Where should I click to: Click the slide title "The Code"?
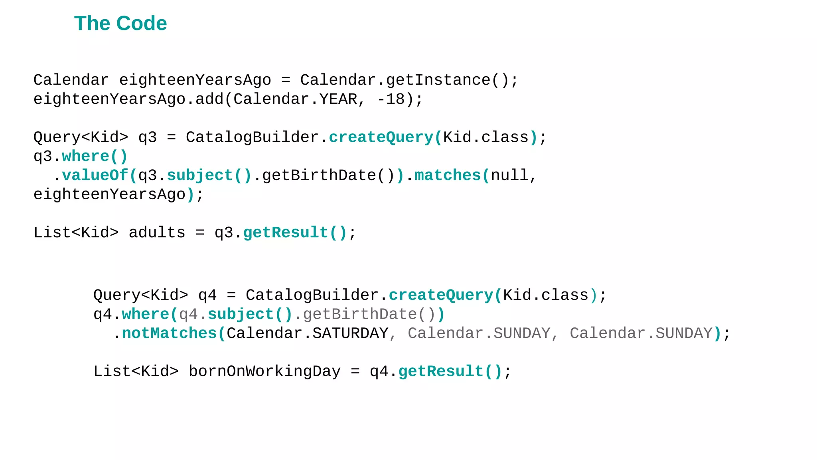click(x=120, y=24)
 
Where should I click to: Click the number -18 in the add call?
click(x=391, y=99)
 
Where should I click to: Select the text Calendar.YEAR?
click(x=295, y=99)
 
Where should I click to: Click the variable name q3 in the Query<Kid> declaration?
click(x=148, y=138)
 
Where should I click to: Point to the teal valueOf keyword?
click(x=95, y=176)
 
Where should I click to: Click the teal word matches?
click(x=448, y=176)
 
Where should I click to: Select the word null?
click(x=509, y=176)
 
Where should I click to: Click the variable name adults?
click(x=157, y=233)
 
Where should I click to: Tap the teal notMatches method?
click(x=169, y=333)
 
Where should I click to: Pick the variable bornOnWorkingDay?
click(x=264, y=372)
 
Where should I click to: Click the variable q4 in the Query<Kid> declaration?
click(x=207, y=295)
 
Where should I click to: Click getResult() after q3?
click(x=295, y=233)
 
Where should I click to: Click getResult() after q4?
click(x=450, y=372)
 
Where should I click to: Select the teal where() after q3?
click(x=95, y=157)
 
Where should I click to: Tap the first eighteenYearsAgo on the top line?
click(x=195, y=80)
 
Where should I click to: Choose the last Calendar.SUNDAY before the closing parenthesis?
click(x=641, y=333)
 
